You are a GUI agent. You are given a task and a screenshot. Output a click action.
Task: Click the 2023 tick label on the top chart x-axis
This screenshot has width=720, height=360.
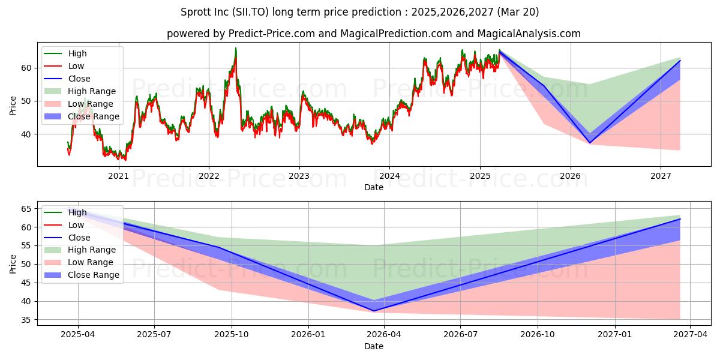(x=299, y=176)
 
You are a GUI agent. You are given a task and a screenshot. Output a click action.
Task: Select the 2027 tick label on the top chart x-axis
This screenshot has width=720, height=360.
(x=661, y=176)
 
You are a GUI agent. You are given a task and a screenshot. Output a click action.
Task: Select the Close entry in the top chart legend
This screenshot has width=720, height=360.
(x=79, y=79)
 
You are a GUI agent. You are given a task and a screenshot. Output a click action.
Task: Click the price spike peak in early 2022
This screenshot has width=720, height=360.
(x=236, y=48)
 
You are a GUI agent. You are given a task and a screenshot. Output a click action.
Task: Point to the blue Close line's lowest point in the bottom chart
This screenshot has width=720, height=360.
(x=374, y=311)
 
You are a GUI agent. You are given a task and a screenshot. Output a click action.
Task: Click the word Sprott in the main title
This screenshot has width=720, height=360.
(x=195, y=12)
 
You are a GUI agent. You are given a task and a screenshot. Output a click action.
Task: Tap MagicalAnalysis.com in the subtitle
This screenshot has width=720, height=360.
(x=526, y=34)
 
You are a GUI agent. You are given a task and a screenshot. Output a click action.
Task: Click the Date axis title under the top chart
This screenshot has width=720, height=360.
(x=374, y=187)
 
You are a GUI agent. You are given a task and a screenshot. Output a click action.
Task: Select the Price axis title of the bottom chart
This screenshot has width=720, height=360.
(x=13, y=263)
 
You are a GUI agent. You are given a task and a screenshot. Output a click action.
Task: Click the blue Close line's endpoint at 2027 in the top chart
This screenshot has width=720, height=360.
(x=680, y=61)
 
